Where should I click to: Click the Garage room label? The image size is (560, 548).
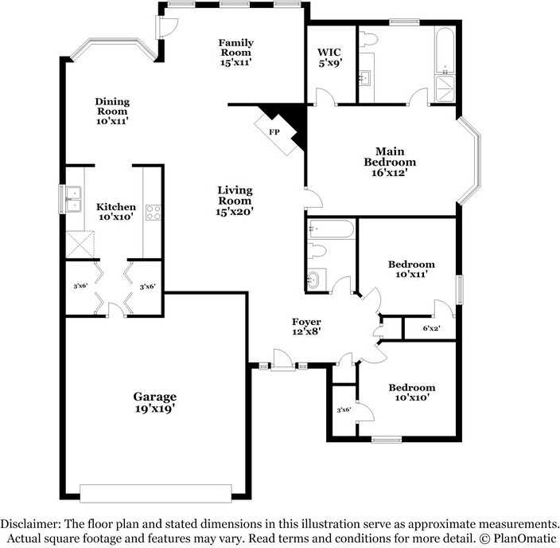[154, 402]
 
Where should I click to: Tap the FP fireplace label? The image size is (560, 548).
[274, 131]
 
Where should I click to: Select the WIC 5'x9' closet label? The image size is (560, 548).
[331, 59]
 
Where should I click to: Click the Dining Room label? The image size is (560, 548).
[112, 111]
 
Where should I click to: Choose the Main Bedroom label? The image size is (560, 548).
[390, 157]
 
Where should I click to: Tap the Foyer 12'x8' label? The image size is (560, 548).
[306, 327]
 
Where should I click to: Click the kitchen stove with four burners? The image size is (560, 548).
[153, 213]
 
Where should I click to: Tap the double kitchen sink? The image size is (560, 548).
[74, 198]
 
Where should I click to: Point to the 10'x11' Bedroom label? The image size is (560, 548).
[411, 269]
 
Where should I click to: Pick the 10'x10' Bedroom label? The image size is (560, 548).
[411, 393]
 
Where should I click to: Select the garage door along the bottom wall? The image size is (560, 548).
[156, 493]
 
